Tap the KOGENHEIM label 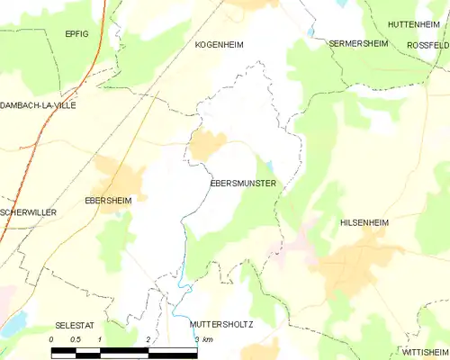pyautogui.click(x=220, y=44)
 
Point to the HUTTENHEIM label pyautogui.click(x=413, y=23)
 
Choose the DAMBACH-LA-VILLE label pyautogui.click(x=38, y=105)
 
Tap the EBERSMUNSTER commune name pyautogui.click(x=242, y=184)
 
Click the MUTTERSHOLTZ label pyautogui.click(x=221, y=323)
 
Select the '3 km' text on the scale pyautogui.click(x=202, y=339)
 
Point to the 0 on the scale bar pyautogui.click(x=51, y=339)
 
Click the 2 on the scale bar pyautogui.click(x=148, y=339)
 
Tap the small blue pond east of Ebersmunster pyautogui.click(x=269, y=165)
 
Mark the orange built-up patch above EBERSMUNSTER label pyautogui.click(x=206, y=145)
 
